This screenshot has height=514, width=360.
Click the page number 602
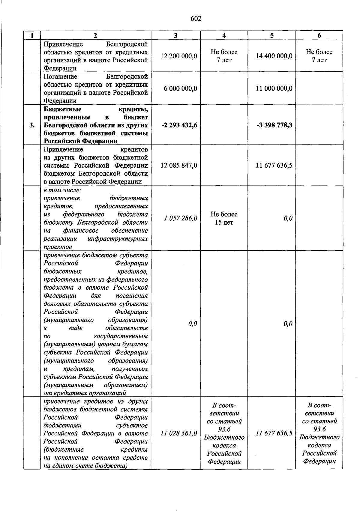coord(196,19)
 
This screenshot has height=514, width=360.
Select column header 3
coord(175,35)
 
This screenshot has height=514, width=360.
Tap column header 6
coord(319,35)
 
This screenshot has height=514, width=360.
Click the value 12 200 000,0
coord(179,56)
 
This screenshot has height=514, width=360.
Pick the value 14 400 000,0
coord(274,56)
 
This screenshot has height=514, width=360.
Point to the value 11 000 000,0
coord(274,88)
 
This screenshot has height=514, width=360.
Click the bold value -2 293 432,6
coord(179,125)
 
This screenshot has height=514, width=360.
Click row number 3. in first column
coord(32,125)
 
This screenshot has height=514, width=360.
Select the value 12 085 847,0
coord(179,166)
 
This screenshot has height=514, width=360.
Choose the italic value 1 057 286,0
coord(180,218)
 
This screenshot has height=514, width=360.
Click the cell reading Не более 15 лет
coord(224,218)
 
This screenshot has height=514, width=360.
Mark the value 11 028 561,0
coord(179,433)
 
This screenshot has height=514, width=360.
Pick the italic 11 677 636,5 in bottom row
coord(274,433)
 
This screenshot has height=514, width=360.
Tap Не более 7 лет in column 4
coord(224,56)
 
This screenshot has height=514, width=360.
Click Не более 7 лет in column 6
coord(319,56)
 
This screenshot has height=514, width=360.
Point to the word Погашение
coord(60,76)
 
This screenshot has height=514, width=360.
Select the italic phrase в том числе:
coord(62,190)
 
